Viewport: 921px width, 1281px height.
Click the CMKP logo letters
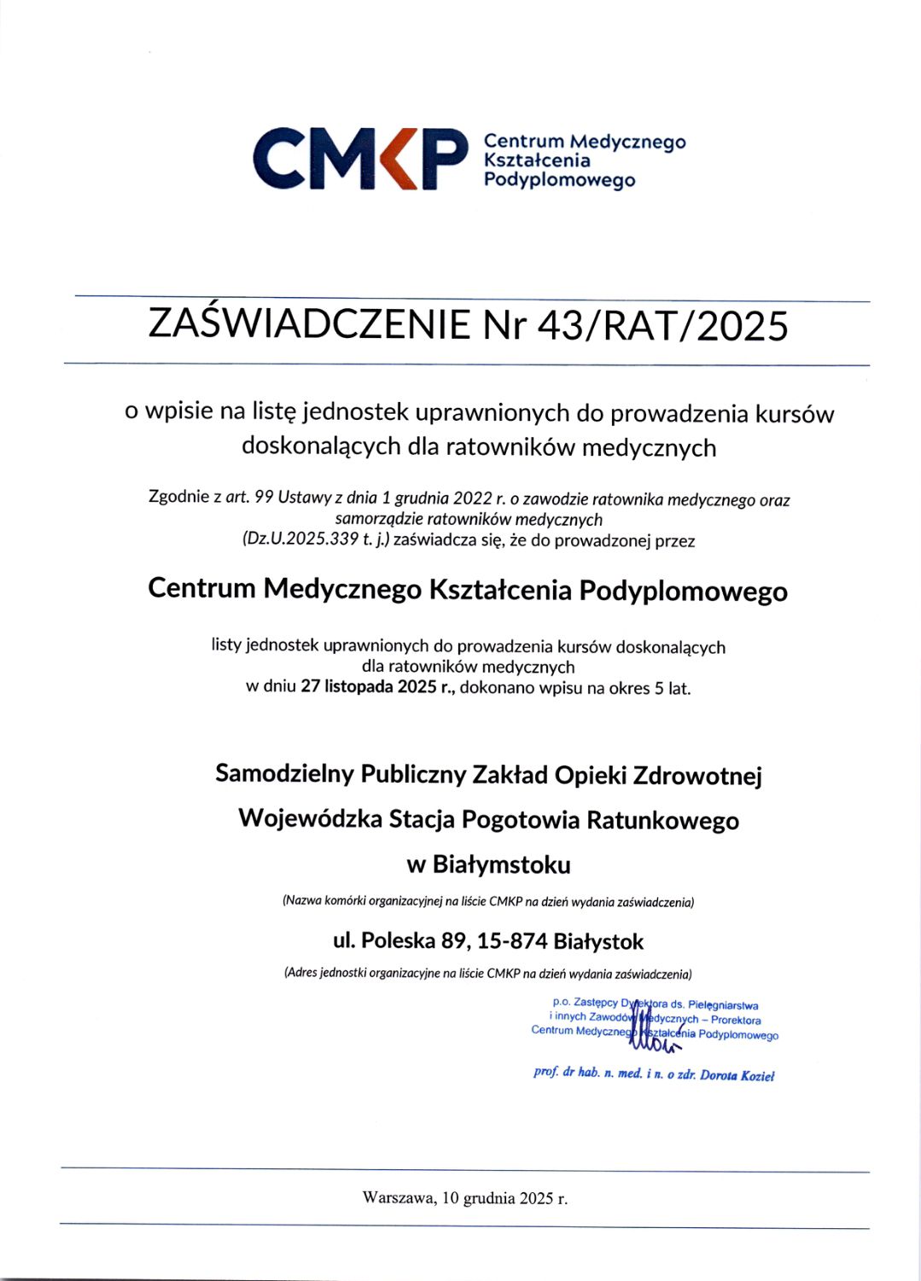coord(361,159)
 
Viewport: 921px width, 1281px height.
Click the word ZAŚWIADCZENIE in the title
coord(309,325)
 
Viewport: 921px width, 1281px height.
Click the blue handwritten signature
coord(654,1028)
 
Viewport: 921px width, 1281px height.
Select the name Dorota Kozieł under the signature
coord(737,1075)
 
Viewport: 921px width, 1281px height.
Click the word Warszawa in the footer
coord(399,1198)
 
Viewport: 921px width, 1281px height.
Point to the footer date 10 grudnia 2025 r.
coord(505,1198)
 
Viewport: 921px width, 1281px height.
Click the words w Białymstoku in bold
coord(488,865)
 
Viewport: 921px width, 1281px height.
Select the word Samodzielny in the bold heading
coord(284,774)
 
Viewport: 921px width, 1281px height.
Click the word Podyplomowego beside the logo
coord(559,180)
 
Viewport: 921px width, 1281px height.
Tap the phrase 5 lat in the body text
coord(673,688)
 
